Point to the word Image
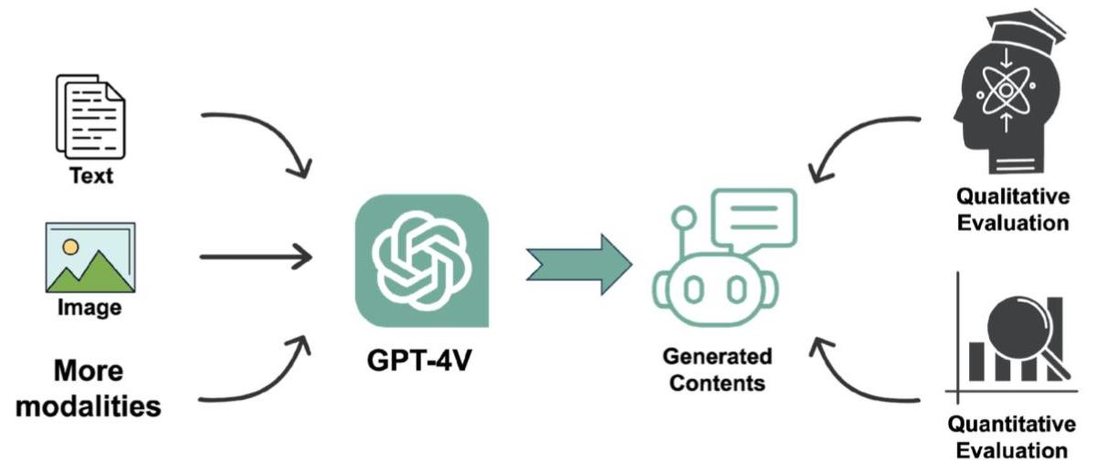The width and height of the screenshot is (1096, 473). (90, 309)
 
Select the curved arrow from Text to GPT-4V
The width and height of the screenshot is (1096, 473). (260, 137)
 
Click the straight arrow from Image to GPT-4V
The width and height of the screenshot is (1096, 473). (256, 257)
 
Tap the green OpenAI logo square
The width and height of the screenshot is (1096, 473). (422, 260)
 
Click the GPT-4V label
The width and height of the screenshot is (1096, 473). (421, 359)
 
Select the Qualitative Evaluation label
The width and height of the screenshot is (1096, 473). (1012, 209)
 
